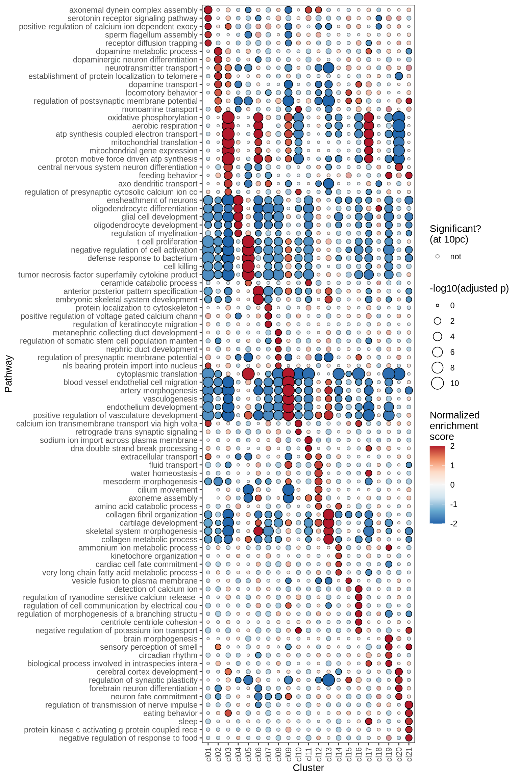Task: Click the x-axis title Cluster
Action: (308, 768)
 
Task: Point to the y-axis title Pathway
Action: (8, 373)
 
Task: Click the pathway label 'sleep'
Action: (188, 721)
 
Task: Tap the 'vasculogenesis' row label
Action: (170, 399)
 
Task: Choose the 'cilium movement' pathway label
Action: (167, 490)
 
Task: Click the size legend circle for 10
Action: (438, 383)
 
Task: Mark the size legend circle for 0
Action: (438, 306)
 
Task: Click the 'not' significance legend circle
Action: (438, 257)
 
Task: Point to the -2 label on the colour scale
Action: (454, 524)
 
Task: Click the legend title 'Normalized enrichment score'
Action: (454, 426)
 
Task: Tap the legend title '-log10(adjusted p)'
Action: (469, 288)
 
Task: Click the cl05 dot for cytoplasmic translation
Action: (248, 374)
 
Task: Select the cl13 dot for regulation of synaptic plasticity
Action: (329, 680)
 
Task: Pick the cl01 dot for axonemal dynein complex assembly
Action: (208, 10)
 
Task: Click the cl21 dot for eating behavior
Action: (409, 713)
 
